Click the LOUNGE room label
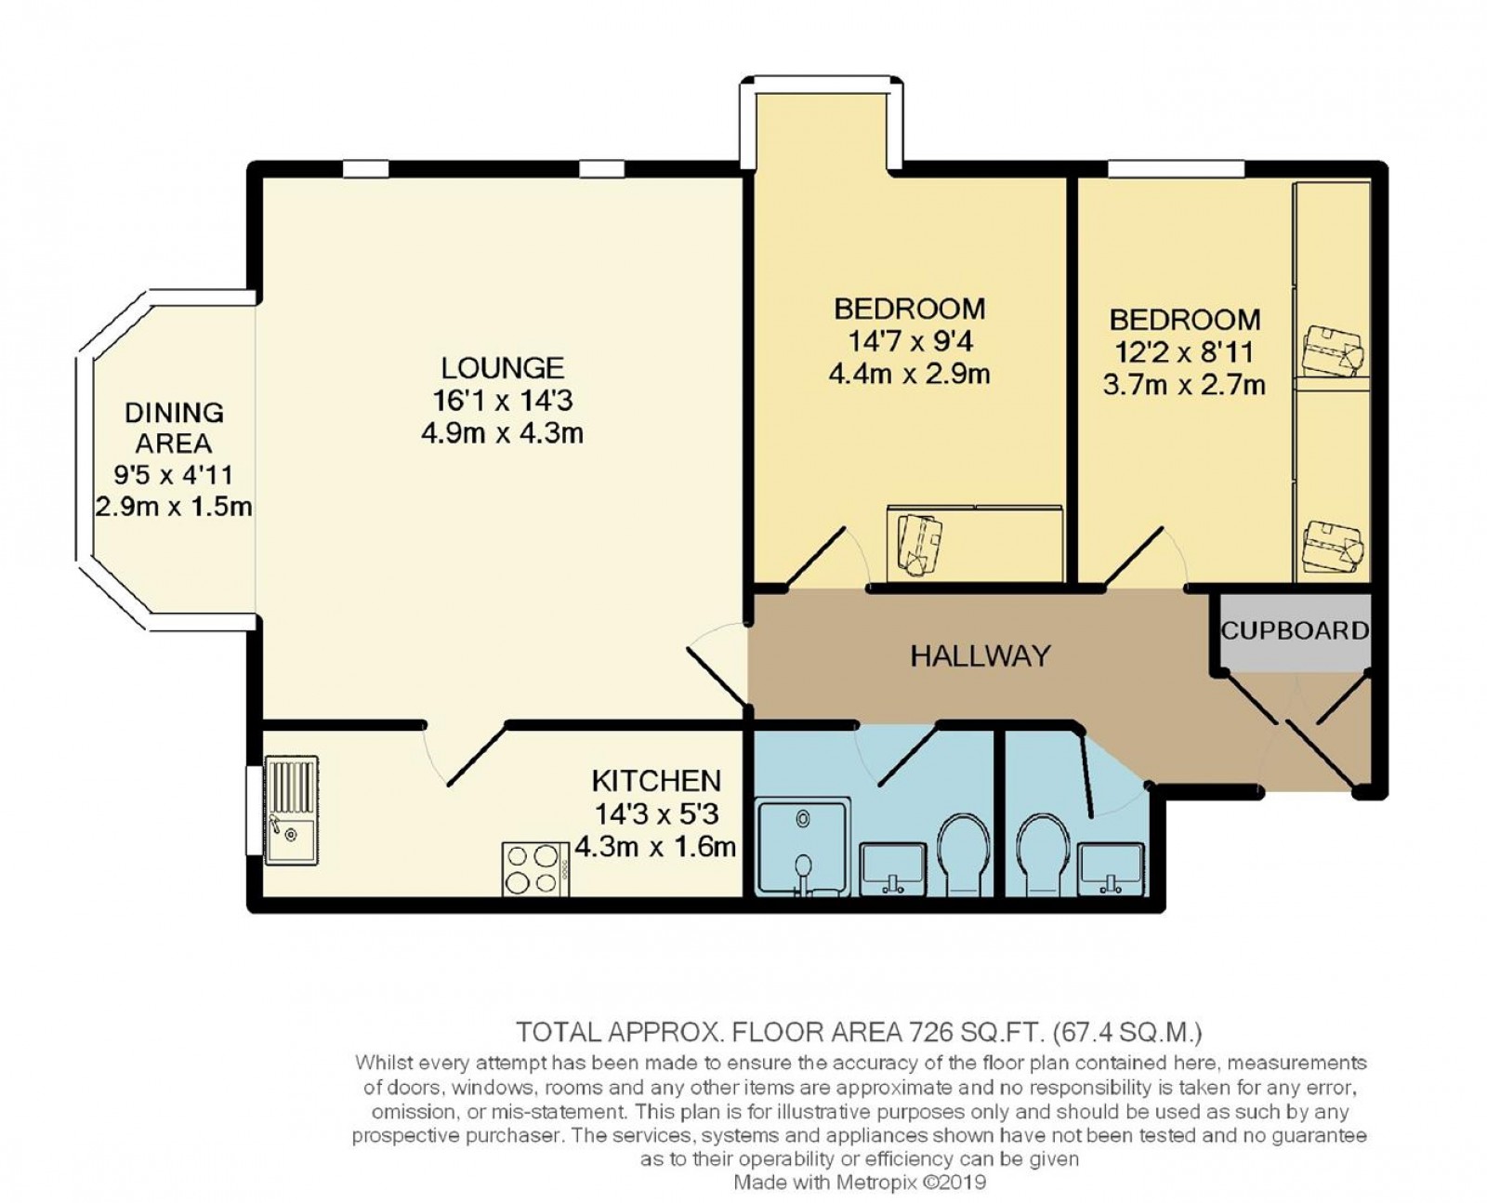coord(502,368)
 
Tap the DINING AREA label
coord(174,427)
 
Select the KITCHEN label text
coord(656,780)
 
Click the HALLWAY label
coord(980,656)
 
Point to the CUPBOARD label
coord(1294,631)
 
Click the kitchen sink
coord(291,810)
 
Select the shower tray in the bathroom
coord(803,846)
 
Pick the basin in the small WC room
coord(1112,866)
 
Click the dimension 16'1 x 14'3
coord(502,401)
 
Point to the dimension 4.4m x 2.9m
coord(908,375)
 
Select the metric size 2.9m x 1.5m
coord(174,508)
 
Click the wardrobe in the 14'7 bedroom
coord(974,543)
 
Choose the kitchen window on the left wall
coord(253,810)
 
